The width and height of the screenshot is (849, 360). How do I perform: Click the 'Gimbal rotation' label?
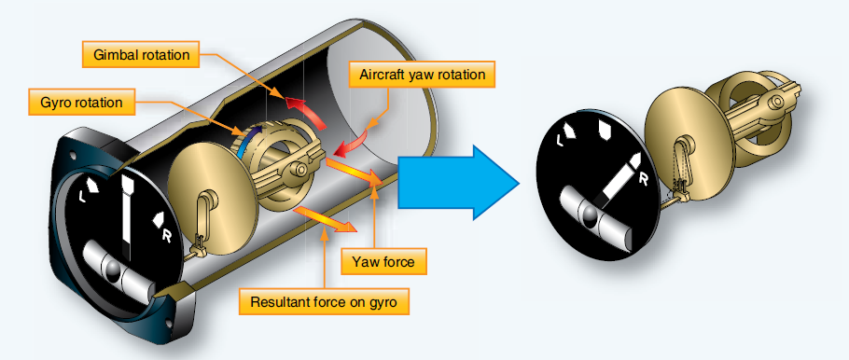[x=141, y=55]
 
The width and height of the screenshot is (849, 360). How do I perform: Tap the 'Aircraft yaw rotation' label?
[x=421, y=74]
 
